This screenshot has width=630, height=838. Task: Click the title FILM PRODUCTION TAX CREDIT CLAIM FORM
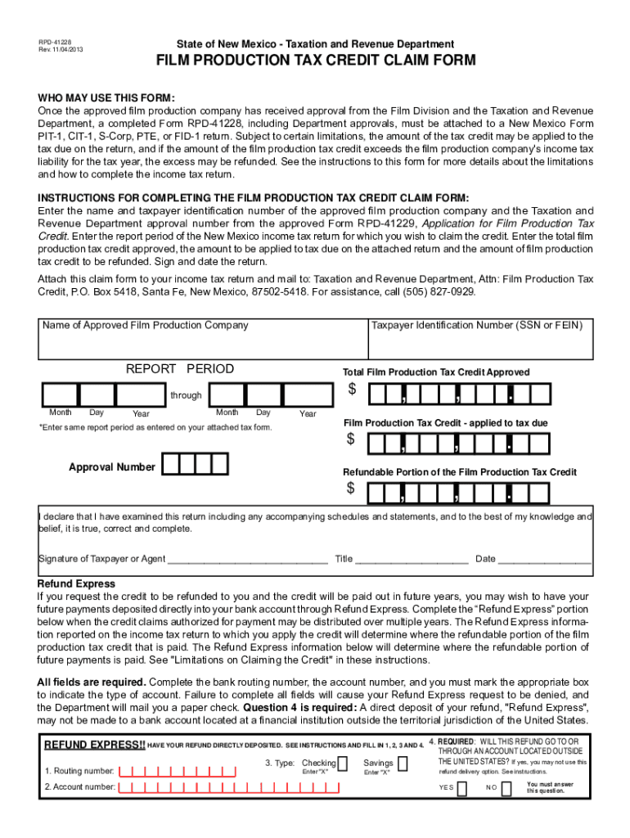coord(317,62)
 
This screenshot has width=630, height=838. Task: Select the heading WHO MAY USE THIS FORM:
coord(106,97)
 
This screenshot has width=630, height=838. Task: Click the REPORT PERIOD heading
coord(179,369)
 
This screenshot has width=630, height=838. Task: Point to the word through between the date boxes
coord(186,395)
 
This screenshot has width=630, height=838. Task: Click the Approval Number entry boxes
coord(195,465)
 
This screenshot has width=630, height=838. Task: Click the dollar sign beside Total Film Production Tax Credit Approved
coord(352,390)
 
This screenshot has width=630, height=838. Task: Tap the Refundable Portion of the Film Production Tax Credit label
coord(459,472)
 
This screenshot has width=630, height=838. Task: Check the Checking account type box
coord(343,764)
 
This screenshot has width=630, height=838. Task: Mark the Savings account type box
coord(402,764)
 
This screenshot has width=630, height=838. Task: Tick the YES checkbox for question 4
coord(462,788)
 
